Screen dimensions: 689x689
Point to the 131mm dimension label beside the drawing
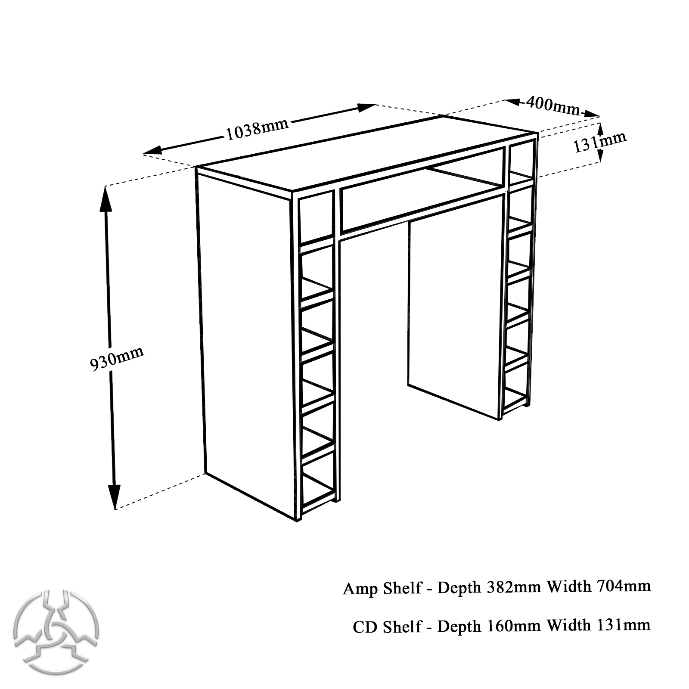tap(599, 142)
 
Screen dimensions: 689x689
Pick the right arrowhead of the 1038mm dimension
tap(366, 107)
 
